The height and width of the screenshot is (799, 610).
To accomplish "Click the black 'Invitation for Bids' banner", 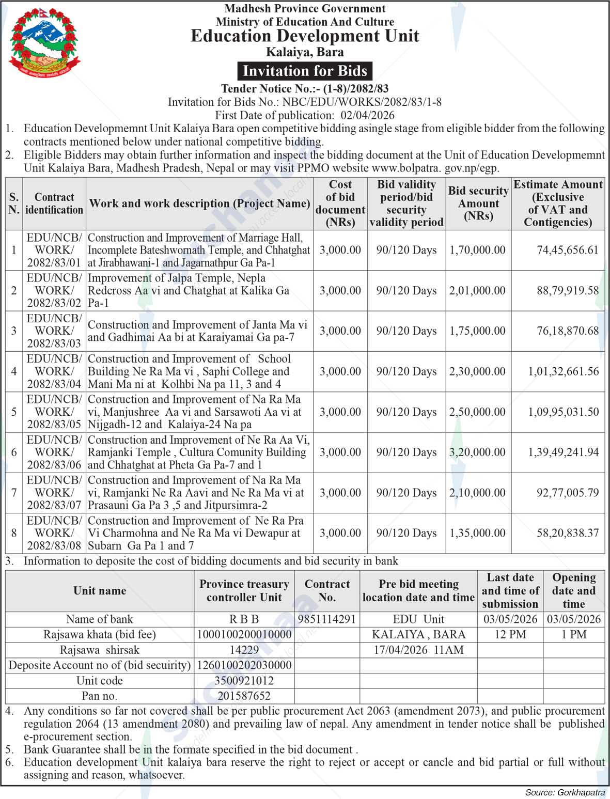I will point(305,71).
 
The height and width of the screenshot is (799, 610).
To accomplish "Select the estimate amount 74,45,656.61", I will point(567,250).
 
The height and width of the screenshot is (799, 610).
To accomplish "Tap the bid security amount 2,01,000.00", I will point(477,290).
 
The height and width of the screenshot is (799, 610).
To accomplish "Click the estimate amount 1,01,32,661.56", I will point(563,371).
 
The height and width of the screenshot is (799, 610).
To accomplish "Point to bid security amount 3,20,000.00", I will point(477,452).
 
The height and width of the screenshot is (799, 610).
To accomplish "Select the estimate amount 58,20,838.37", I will point(567,533).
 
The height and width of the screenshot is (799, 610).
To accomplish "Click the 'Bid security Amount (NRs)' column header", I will point(478,203).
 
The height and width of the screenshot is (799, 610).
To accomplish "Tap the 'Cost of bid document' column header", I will point(340,203).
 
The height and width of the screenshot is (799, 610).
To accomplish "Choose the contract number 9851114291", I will point(327,619).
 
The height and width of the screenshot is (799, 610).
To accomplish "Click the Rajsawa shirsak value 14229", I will point(244,650).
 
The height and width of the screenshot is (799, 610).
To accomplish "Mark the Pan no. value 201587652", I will point(244,696).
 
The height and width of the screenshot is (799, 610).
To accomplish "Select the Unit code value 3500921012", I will point(244,681).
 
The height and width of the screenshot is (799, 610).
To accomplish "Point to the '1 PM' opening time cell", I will point(573,634).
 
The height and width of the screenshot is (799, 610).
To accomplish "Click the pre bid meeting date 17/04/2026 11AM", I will point(418,650).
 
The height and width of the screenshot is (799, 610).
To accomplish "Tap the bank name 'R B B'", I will point(244,619).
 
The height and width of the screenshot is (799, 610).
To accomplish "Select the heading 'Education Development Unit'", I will point(305,36).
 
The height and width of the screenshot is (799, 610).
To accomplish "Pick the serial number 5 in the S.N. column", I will point(14,412).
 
